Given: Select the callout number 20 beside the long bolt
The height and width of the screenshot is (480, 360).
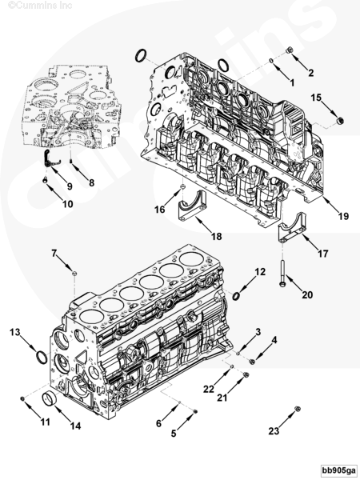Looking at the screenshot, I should [286, 294].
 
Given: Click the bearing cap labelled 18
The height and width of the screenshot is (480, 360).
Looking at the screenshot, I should [190, 210].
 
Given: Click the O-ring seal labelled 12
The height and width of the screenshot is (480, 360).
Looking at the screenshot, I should [237, 297].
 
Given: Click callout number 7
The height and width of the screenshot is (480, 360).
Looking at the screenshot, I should [55, 253].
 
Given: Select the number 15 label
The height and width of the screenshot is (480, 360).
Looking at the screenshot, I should [317, 97].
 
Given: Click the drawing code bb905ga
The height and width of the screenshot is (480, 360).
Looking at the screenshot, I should [339, 469].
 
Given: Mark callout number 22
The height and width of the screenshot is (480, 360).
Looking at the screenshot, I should [209, 389].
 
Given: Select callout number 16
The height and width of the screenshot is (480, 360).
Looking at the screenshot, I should [160, 209].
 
